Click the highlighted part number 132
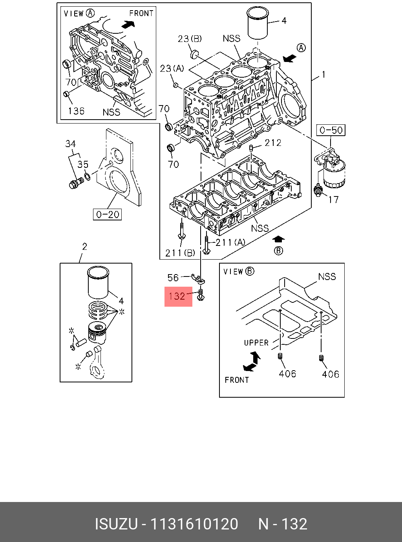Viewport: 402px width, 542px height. pyautogui.click(x=178, y=296)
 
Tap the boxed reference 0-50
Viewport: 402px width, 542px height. pyautogui.click(x=331, y=130)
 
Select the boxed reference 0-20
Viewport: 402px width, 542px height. pyautogui.click(x=108, y=214)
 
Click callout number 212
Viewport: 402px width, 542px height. pyautogui.click(x=273, y=143)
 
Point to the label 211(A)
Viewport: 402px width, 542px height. pyautogui.click(x=230, y=242)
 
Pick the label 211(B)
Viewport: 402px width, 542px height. pyautogui.click(x=180, y=253)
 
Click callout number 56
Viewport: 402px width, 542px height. pyautogui.click(x=173, y=278)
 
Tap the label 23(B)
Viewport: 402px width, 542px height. pyautogui.click(x=190, y=38)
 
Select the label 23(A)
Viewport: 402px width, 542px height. pyautogui.click(x=172, y=69)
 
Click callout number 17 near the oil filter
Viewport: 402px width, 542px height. pyautogui.click(x=333, y=200)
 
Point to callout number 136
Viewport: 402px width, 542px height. pyautogui.click(x=76, y=111)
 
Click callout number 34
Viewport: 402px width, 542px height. pyautogui.click(x=70, y=144)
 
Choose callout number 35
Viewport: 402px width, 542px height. pyautogui.click(x=83, y=164)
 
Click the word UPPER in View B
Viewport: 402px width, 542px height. pyautogui.click(x=256, y=343)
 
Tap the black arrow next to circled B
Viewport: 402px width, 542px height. pyautogui.click(x=278, y=239)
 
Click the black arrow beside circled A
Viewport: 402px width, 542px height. pyautogui.click(x=289, y=58)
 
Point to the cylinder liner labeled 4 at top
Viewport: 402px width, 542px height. pyautogui.click(x=258, y=24)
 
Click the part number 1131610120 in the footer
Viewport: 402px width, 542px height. pyautogui.click(x=195, y=524)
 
